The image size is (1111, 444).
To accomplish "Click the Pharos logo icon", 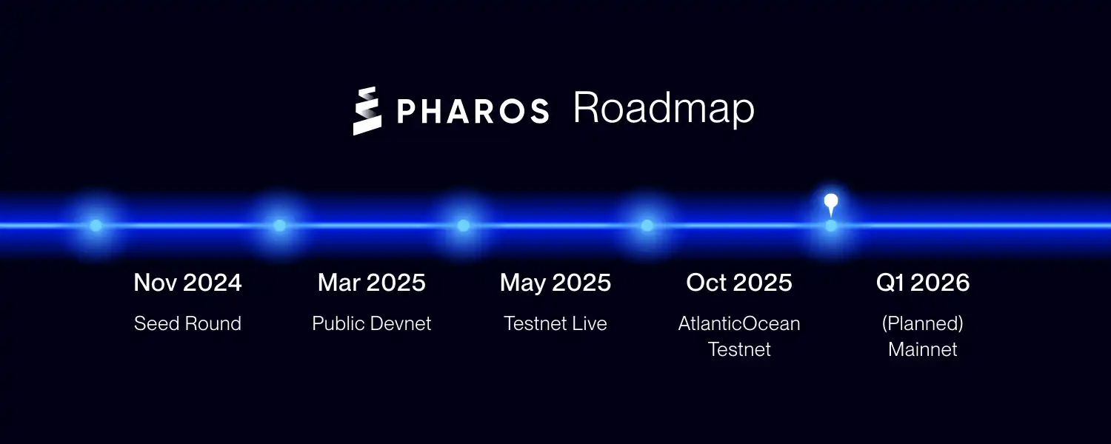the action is pyautogui.click(x=367, y=111).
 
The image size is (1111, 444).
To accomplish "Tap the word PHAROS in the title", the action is pyautogui.click(x=473, y=110).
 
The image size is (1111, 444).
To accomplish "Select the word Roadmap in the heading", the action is pyautogui.click(x=664, y=109).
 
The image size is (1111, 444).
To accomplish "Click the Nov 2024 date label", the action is pyautogui.click(x=187, y=283).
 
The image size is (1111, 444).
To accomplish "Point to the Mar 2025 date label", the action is pyautogui.click(x=372, y=283).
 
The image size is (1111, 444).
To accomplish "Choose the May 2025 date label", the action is pyautogui.click(x=555, y=283).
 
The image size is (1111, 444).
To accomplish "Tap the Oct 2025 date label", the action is pyautogui.click(x=739, y=283).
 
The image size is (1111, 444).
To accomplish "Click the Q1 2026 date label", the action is pyautogui.click(x=923, y=283).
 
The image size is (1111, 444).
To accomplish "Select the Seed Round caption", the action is pyautogui.click(x=187, y=323).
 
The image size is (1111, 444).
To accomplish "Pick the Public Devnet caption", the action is pyautogui.click(x=372, y=323).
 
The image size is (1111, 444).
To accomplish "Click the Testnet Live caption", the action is pyautogui.click(x=555, y=323).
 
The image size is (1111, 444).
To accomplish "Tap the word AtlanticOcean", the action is pyautogui.click(x=739, y=323).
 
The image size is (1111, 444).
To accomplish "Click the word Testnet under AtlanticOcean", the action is pyautogui.click(x=739, y=349).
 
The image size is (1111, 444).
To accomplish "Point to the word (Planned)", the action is pyautogui.click(x=923, y=324).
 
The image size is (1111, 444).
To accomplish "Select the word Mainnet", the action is pyautogui.click(x=923, y=349).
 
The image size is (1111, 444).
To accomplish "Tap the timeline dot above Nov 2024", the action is pyautogui.click(x=96, y=226).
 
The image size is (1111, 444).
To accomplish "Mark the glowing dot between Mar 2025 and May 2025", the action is pyautogui.click(x=463, y=226).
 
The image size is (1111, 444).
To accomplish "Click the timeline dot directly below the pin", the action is pyautogui.click(x=831, y=226).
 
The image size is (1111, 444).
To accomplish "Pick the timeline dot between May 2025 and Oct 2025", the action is pyautogui.click(x=647, y=226).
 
